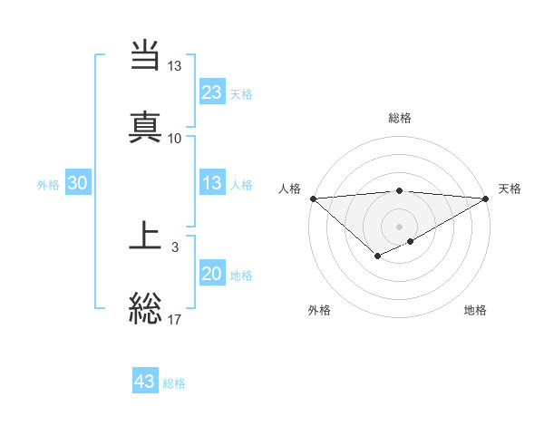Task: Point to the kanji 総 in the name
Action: [146, 308]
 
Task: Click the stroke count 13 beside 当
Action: [175, 67]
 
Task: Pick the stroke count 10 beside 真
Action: [175, 138]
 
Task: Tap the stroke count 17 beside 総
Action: [175, 318]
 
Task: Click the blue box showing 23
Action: [211, 92]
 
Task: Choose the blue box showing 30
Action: [78, 184]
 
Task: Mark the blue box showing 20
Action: [211, 275]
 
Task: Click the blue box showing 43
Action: [145, 382]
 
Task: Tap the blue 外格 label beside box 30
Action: [48, 185]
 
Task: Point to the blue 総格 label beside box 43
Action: [174, 383]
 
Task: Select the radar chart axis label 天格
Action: [510, 189]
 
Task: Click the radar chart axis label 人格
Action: [289, 189]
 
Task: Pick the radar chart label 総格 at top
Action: [399, 118]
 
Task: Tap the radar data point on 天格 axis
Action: [486, 198]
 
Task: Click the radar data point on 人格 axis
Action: [313, 198]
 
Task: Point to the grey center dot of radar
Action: [399, 226]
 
